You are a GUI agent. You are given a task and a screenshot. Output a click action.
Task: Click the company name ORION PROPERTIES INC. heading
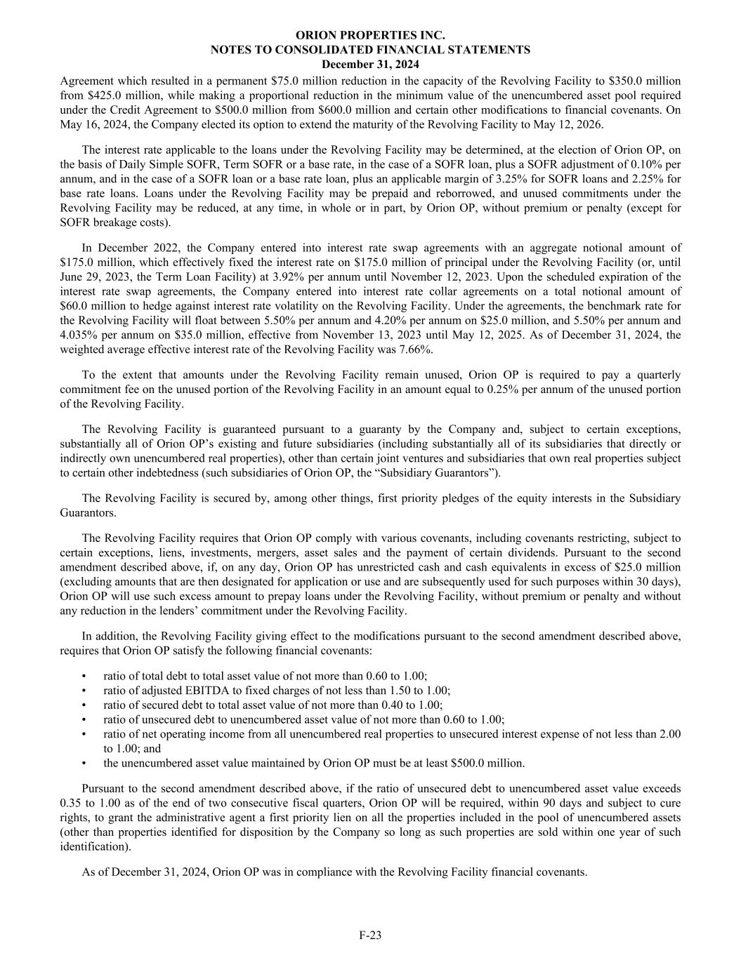(370, 34)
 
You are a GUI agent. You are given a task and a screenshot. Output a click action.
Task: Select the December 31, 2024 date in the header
(370, 64)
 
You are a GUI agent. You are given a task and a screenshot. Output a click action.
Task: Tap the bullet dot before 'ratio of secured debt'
(85, 705)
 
